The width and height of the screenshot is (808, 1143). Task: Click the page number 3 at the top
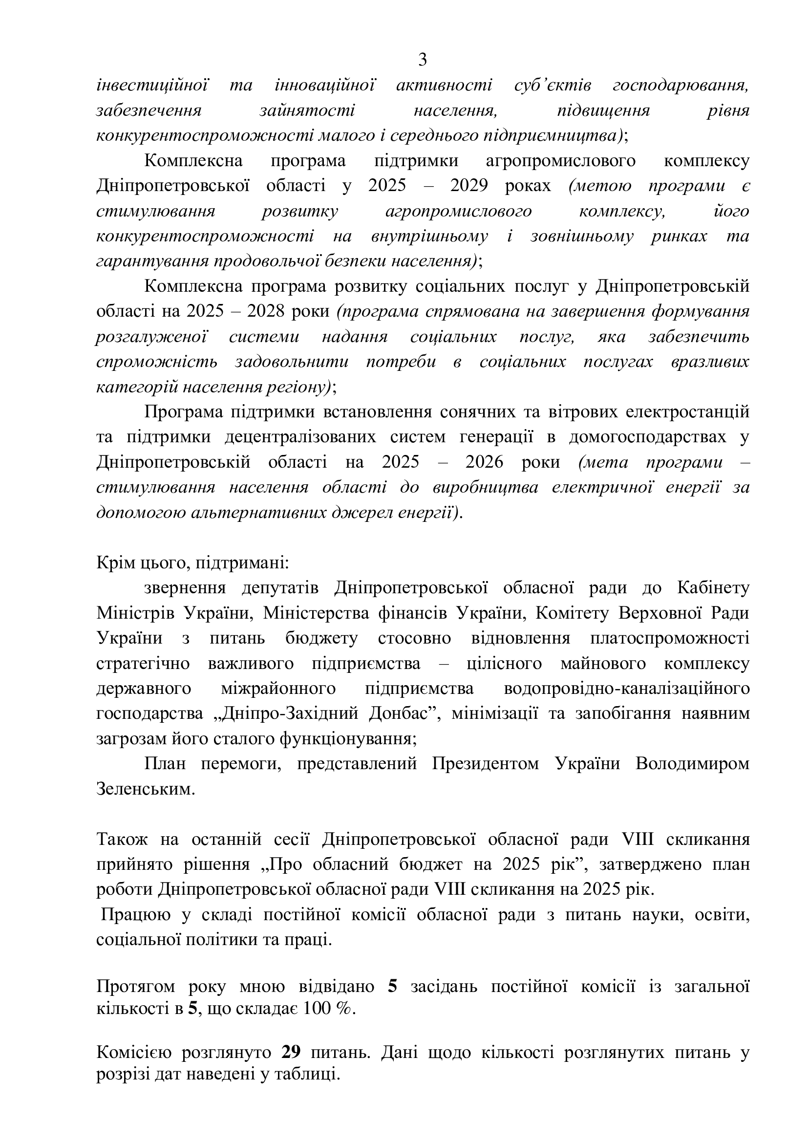click(x=423, y=60)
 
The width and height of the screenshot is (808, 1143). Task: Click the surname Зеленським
click(x=145, y=790)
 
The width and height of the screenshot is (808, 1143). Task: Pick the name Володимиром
click(x=692, y=764)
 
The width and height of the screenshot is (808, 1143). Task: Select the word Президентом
click(x=485, y=764)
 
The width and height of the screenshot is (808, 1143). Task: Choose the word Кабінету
click(x=713, y=588)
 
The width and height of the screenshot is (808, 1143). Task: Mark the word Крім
click(x=113, y=563)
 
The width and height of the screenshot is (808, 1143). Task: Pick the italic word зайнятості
click(x=307, y=110)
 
